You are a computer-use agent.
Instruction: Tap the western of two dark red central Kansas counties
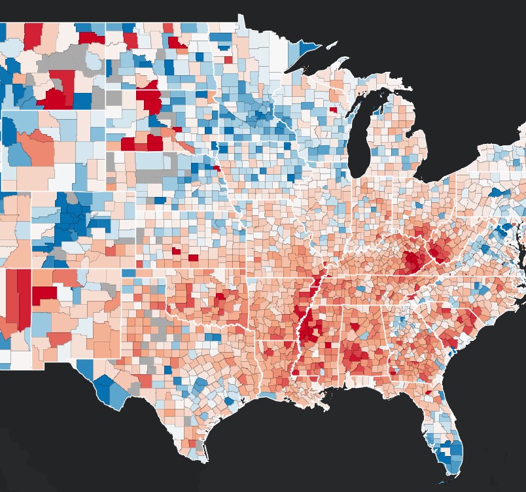point(175,251)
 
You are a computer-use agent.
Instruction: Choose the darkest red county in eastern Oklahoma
point(220,296)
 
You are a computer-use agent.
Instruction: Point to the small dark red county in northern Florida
point(428,393)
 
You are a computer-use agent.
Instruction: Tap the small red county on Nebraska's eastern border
point(216,169)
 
